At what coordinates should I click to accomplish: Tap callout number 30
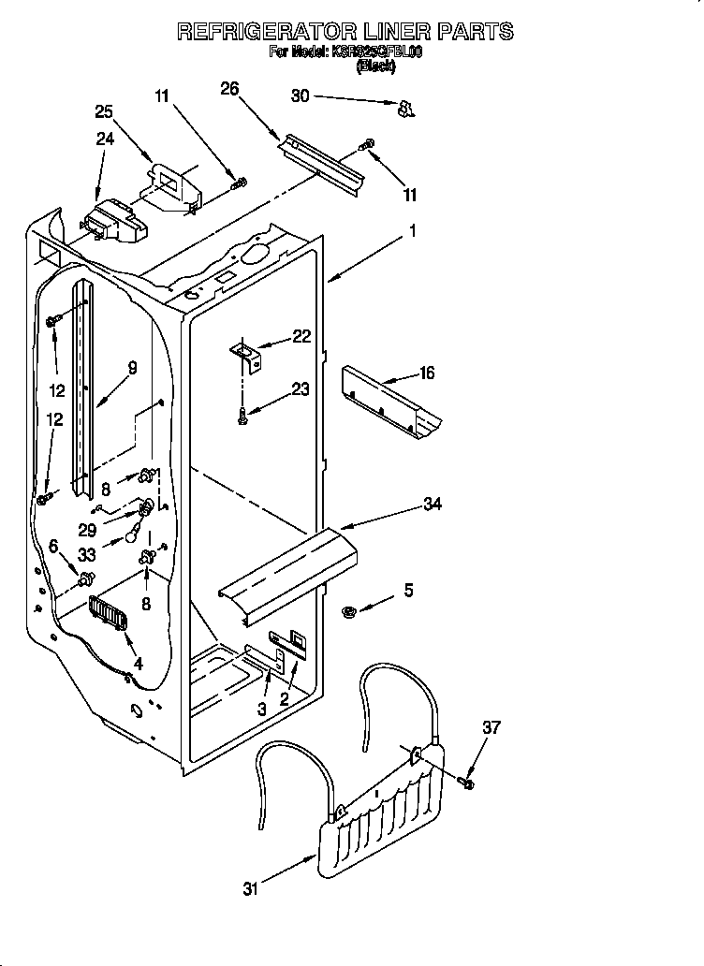(300, 95)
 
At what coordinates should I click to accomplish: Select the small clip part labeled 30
(404, 110)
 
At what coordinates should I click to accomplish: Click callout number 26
(229, 89)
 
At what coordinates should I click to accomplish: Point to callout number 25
(105, 111)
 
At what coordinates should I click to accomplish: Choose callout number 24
(105, 138)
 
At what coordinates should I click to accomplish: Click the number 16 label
(426, 373)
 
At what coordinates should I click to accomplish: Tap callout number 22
(301, 337)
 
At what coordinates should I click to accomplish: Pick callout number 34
(432, 505)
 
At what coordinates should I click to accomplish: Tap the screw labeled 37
(468, 780)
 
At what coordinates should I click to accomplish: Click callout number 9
(132, 368)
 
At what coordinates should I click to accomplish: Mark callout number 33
(87, 555)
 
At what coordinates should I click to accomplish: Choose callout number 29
(87, 528)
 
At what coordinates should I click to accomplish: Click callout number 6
(53, 546)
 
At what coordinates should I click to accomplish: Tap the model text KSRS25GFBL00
(376, 52)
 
